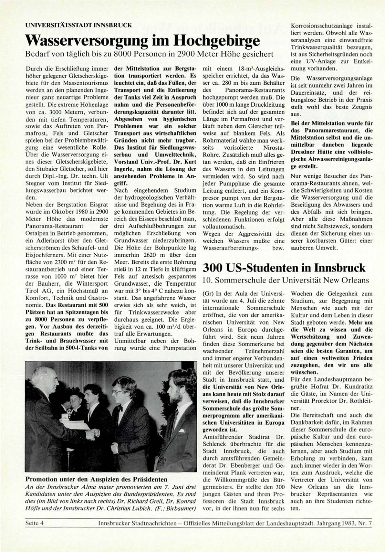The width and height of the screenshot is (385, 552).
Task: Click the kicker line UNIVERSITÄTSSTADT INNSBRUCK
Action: click(x=78, y=25)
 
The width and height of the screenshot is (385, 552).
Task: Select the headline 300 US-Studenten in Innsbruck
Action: click(x=284, y=268)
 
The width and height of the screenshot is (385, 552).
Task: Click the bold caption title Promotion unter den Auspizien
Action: click(x=96, y=479)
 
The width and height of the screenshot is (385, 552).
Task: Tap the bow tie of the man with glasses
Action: click(x=120, y=409)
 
